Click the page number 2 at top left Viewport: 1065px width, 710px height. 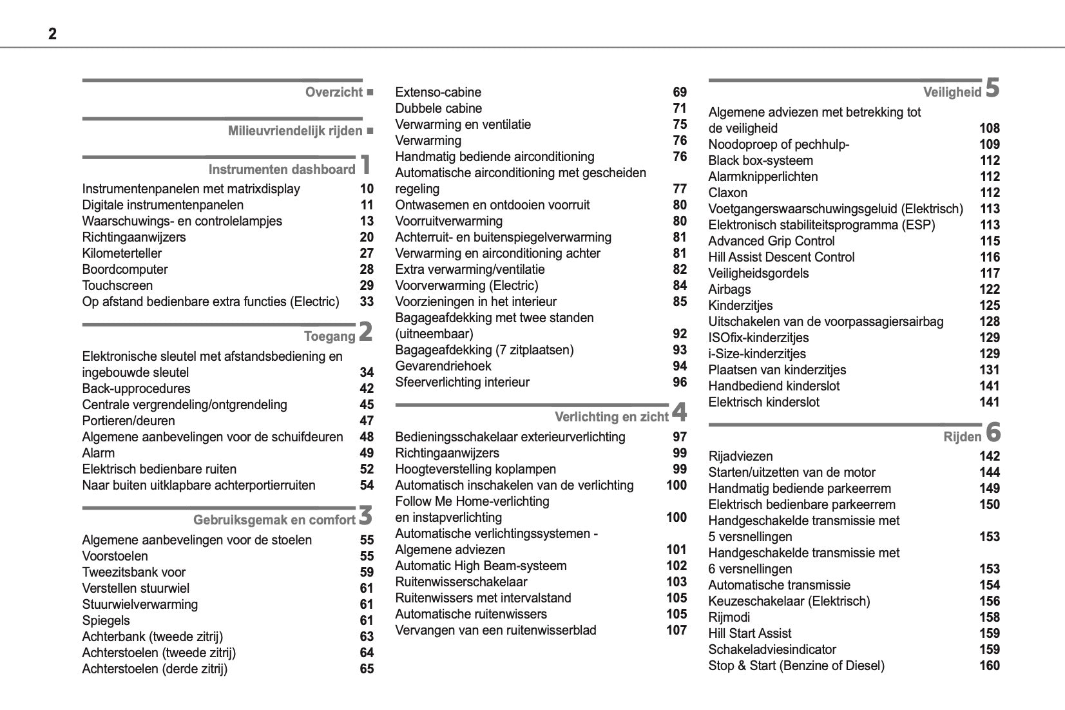coord(52,34)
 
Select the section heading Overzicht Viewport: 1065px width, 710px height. coord(334,92)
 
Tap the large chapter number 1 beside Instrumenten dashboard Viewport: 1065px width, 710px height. coord(365,164)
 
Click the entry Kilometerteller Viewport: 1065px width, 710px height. coord(122,253)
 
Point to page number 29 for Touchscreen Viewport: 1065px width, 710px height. coord(367,285)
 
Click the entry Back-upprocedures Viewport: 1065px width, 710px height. coord(136,389)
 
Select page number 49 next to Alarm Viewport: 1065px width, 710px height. coord(367,453)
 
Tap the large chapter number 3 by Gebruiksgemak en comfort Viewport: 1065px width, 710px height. coord(365,515)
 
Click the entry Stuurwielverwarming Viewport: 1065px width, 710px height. coord(140,604)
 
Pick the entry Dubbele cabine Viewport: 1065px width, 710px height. coord(438,108)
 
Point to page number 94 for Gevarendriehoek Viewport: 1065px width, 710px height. coord(680,366)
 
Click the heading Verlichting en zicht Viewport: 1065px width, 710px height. coord(611,417)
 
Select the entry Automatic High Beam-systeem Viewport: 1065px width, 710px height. coord(481,566)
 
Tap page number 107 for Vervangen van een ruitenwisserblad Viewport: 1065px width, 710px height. coord(676,630)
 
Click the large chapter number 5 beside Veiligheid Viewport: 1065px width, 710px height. coord(992,88)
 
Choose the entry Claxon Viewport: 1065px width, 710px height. coord(728,193)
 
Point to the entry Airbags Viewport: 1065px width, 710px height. coord(729,289)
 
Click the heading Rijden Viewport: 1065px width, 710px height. coord(962,437)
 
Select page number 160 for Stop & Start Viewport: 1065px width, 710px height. coord(990,666)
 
